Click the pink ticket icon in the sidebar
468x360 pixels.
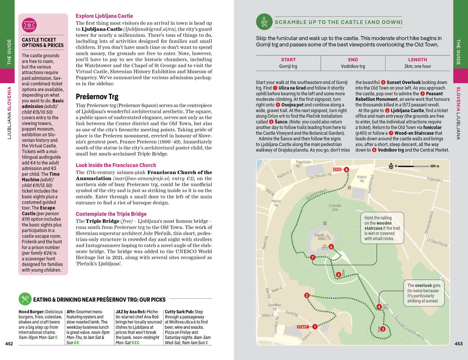29,25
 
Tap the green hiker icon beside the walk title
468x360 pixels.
264,22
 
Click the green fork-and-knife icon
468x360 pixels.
25,299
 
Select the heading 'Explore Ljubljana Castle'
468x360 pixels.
104,16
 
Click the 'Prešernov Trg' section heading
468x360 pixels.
97,97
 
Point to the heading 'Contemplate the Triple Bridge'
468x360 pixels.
111,214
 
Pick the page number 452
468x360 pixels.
9,344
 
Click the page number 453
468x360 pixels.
459,344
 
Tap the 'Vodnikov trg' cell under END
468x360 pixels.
353,66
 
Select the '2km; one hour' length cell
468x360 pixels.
417,66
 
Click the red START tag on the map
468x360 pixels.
303,327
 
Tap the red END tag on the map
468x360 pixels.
337,169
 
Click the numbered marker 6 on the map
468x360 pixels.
331,247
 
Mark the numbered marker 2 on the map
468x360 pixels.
307,295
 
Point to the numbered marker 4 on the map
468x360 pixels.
379,307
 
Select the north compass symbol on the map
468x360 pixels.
391,166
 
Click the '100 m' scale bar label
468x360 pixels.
435,166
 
